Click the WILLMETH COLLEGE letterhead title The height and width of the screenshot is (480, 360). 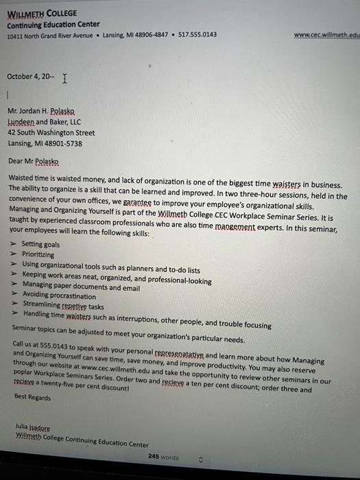(42, 13)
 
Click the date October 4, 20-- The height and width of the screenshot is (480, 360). (29, 77)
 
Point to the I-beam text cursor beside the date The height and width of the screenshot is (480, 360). (64, 79)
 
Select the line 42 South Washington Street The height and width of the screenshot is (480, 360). (51, 132)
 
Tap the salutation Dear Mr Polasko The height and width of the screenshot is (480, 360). (34, 161)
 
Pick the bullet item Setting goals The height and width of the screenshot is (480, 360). (40, 244)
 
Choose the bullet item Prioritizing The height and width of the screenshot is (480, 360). (38, 254)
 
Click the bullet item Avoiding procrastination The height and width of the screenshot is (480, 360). (59, 296)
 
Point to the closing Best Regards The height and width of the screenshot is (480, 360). (32, 397)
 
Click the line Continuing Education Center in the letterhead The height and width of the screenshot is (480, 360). (53, 24)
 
